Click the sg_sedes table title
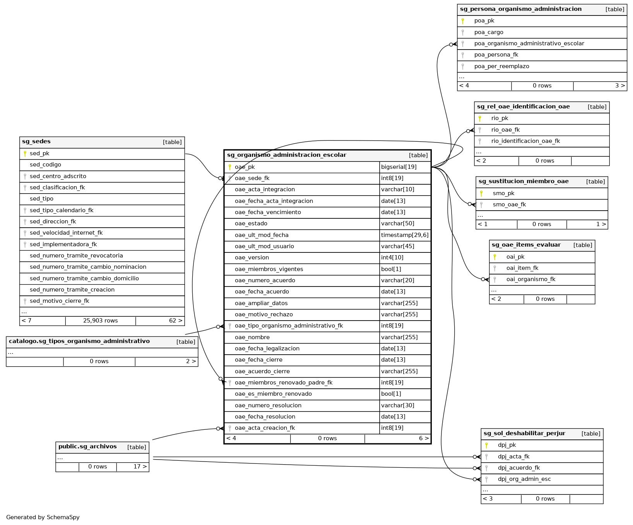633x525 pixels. pyautogui.click(x=36, y=142)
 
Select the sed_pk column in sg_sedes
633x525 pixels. pyautogui.click(x=39, y=153)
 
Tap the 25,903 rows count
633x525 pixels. pyautogui.click(x=100, y=321)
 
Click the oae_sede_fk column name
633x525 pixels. pyautogui.click(x=252, y=178)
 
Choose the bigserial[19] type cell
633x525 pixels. pyautogui.click(x=399, y=167)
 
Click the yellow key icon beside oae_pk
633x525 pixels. pyautogui.click(x=230, y=167)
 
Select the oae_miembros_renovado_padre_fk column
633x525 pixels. pyautogui.click(x=283, y=383)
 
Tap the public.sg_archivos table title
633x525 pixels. pyautogui.click(x=87, y=447)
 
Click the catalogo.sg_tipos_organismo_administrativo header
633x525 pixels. pyautogui.click(x=79, y=341)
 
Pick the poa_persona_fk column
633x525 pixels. pyautogui.click(x=496, y=55)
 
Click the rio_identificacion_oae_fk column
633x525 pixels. pyautogui.click(x=525, y=141)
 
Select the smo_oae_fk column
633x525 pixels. pyautogui.click(x=509, y=204)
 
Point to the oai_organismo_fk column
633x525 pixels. pyautogui.click(x=530, y=279)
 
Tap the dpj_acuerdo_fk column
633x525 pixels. pyautogui.click(x=518, y=468)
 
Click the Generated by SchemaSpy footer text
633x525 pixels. pyautogui.click(x=43, y=517)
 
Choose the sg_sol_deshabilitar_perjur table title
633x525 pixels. pyautogui.click(x=524, y=434)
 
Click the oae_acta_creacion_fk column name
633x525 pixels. pyautogui.click(x=265, y=428)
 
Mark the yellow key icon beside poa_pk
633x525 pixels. pyautogui.click(x=462, y=21)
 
